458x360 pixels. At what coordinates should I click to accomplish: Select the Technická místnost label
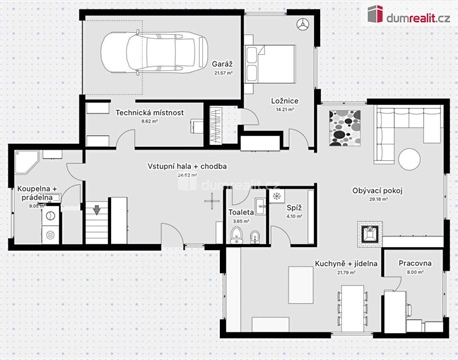click(x=148, y=111)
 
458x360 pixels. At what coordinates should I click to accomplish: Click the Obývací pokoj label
click(x=376, y=190)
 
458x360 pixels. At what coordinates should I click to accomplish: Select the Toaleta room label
click(x=241, y=212)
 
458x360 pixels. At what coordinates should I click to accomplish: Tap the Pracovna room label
click(x=414, y=262)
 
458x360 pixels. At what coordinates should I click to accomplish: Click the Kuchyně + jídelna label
click(x=343, y=262)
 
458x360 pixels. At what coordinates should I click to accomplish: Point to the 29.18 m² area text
click(x=376, y=199)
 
